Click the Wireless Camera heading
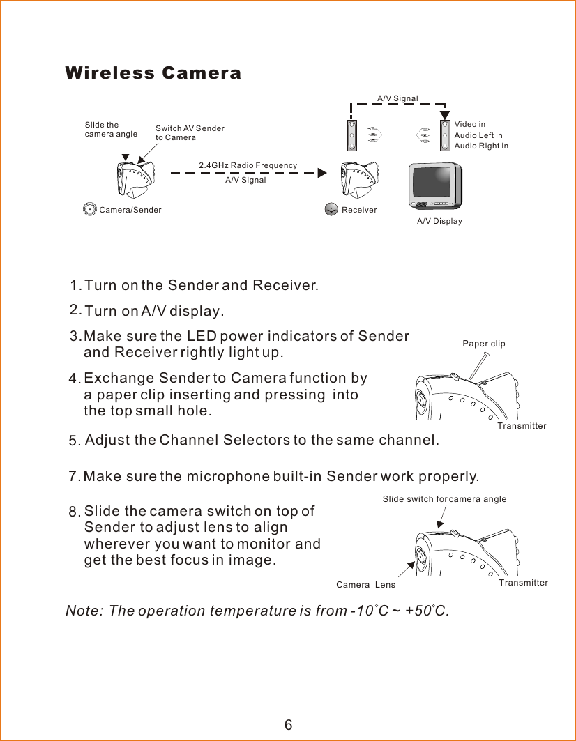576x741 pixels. [153, 73]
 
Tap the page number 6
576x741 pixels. [288, 725]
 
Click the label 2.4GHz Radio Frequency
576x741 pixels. [248, 165]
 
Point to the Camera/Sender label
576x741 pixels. [130, 210]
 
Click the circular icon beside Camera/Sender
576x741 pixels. [89, 209]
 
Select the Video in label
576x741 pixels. [469, 125]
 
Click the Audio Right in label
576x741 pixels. [481, 146]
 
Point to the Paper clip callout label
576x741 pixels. [484, 344]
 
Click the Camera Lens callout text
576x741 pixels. [365, 585]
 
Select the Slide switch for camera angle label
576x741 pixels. [444, 499]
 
